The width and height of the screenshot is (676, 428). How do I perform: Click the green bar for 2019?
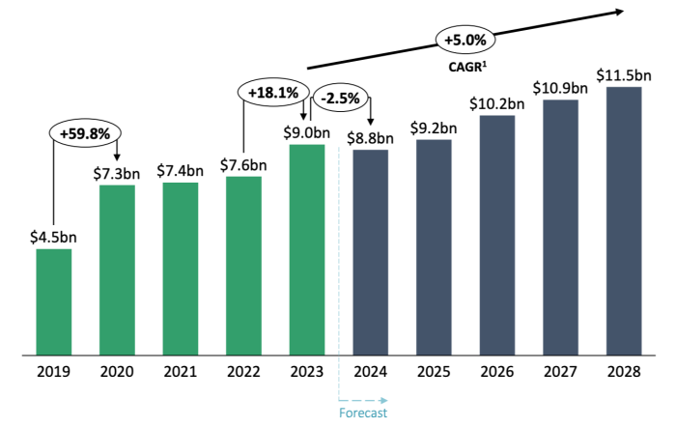(54, 301)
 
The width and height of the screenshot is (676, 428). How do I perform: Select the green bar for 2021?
(181, 268)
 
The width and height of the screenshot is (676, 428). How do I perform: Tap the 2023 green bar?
(307, 249)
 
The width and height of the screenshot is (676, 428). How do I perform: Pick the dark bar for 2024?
(371, 252)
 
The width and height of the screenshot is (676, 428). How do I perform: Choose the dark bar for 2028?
(624, 221)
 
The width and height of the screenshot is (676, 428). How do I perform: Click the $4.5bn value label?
(54, 236)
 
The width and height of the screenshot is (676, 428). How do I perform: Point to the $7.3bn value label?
(118, 171)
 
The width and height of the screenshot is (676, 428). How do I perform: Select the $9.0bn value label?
(307, 130)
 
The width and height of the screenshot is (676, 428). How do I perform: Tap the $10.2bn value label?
(497, 102)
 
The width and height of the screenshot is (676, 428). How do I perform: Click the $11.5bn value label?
(624, 73)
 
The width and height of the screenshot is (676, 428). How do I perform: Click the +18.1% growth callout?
(272, 93)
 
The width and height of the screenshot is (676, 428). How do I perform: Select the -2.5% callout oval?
(339, 98)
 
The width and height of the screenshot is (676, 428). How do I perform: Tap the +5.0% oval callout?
(467, 41)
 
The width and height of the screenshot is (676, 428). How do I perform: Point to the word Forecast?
(364, 414)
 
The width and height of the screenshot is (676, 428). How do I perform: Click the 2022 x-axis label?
(243, 372)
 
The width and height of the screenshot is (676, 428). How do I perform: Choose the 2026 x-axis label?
(497, 372)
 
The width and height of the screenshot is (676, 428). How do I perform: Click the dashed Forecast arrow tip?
(385, 399)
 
